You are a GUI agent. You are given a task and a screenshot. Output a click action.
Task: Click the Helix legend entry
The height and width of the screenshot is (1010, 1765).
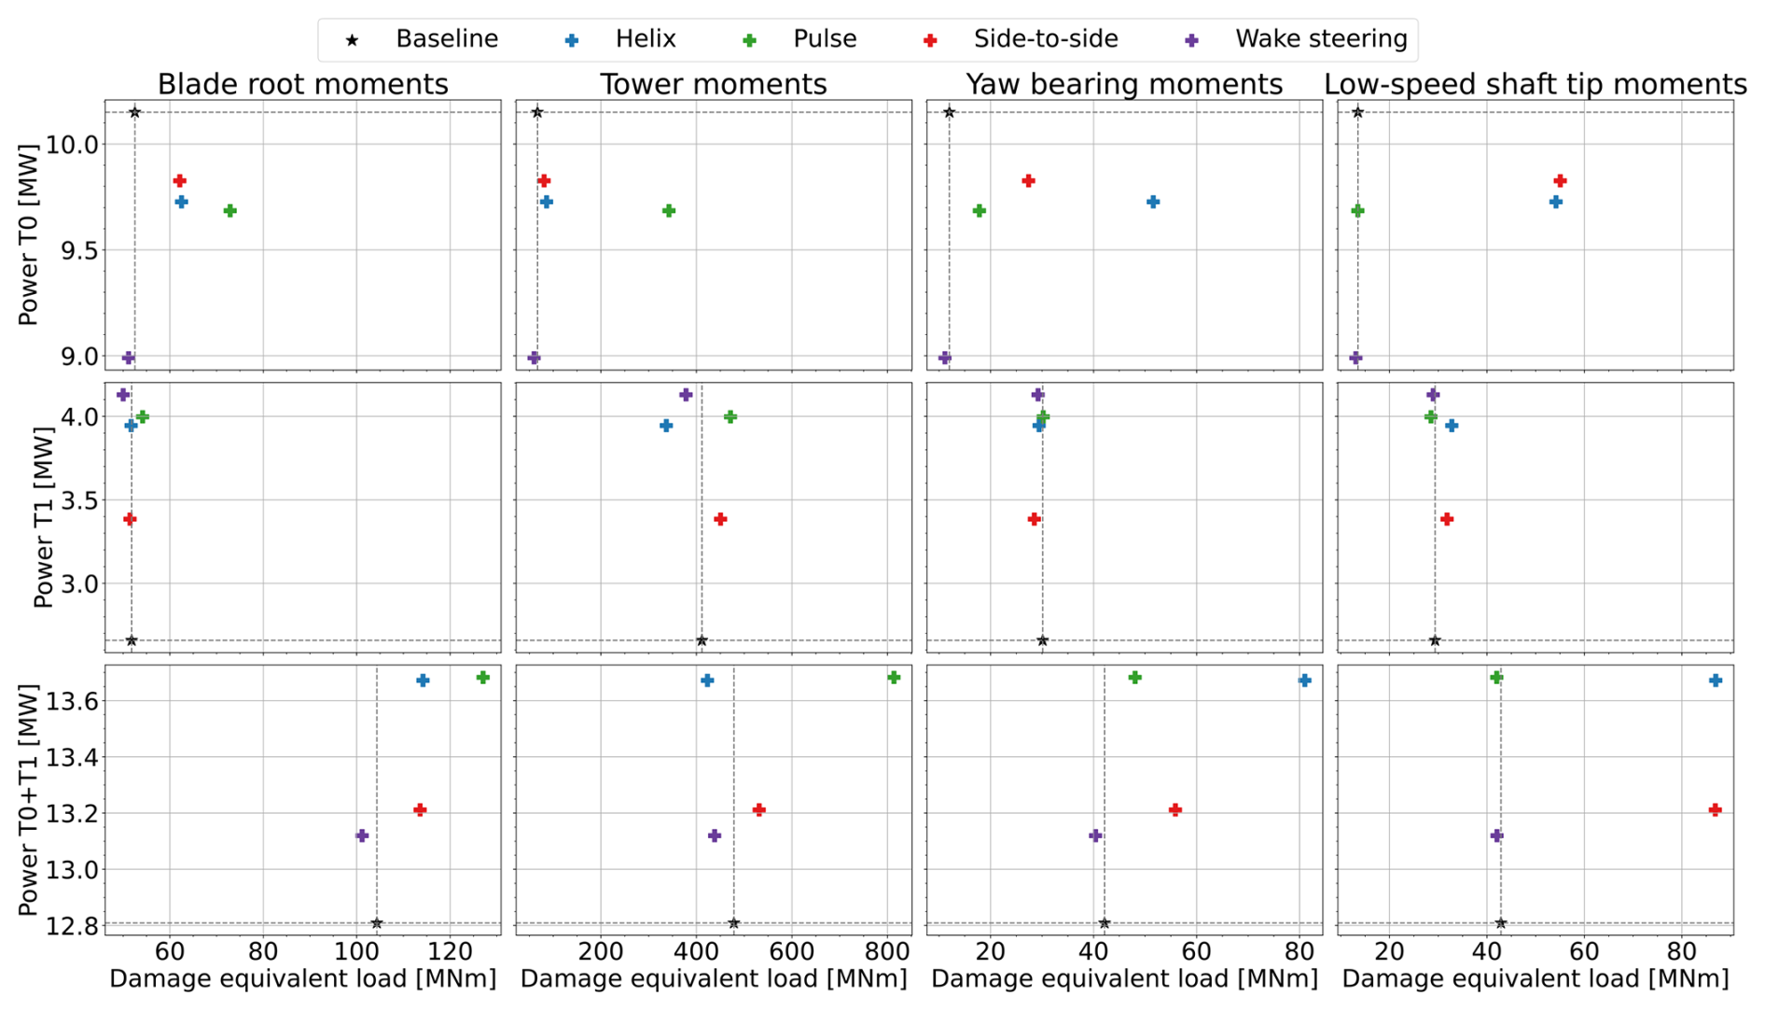pos(645,39)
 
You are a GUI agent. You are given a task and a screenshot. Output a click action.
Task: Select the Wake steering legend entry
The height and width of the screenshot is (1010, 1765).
pos(1320,39)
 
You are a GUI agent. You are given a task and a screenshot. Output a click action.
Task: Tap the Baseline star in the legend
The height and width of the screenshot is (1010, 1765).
pos(353,40)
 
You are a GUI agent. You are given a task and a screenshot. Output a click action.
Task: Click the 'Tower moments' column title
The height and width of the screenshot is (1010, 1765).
pos(713,84)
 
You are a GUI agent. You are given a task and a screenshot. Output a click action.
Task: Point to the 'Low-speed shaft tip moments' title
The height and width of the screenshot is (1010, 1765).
pos(1535,84)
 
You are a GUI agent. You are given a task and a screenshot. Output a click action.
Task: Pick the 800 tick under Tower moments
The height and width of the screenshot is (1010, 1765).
pos(888,951)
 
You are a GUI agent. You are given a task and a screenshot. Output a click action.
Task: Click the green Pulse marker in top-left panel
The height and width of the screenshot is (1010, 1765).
pos(230,211)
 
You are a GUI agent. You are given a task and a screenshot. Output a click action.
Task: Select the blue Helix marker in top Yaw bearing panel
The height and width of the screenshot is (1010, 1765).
pos(1153,202)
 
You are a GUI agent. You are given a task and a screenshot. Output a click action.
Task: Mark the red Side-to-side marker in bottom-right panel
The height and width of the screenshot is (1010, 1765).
pos(1715,810)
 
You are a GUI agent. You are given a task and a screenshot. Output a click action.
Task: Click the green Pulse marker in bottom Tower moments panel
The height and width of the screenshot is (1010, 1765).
pos(894,678)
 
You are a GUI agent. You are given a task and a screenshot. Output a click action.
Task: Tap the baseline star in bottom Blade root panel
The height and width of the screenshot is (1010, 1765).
pos(377,923)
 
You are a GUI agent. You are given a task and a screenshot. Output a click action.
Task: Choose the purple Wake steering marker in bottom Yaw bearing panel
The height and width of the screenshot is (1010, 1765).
pos(1095,835)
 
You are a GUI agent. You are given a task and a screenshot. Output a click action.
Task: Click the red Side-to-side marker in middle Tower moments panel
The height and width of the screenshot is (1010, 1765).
pos(720,519)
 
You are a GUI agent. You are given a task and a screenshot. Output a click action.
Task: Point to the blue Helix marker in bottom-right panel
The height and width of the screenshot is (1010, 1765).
pos(1715,680)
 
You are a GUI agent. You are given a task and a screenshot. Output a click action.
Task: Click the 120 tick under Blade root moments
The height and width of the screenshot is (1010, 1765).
pos(451,951)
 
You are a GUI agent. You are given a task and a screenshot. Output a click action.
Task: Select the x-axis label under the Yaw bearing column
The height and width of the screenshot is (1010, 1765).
pos(1124,978)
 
